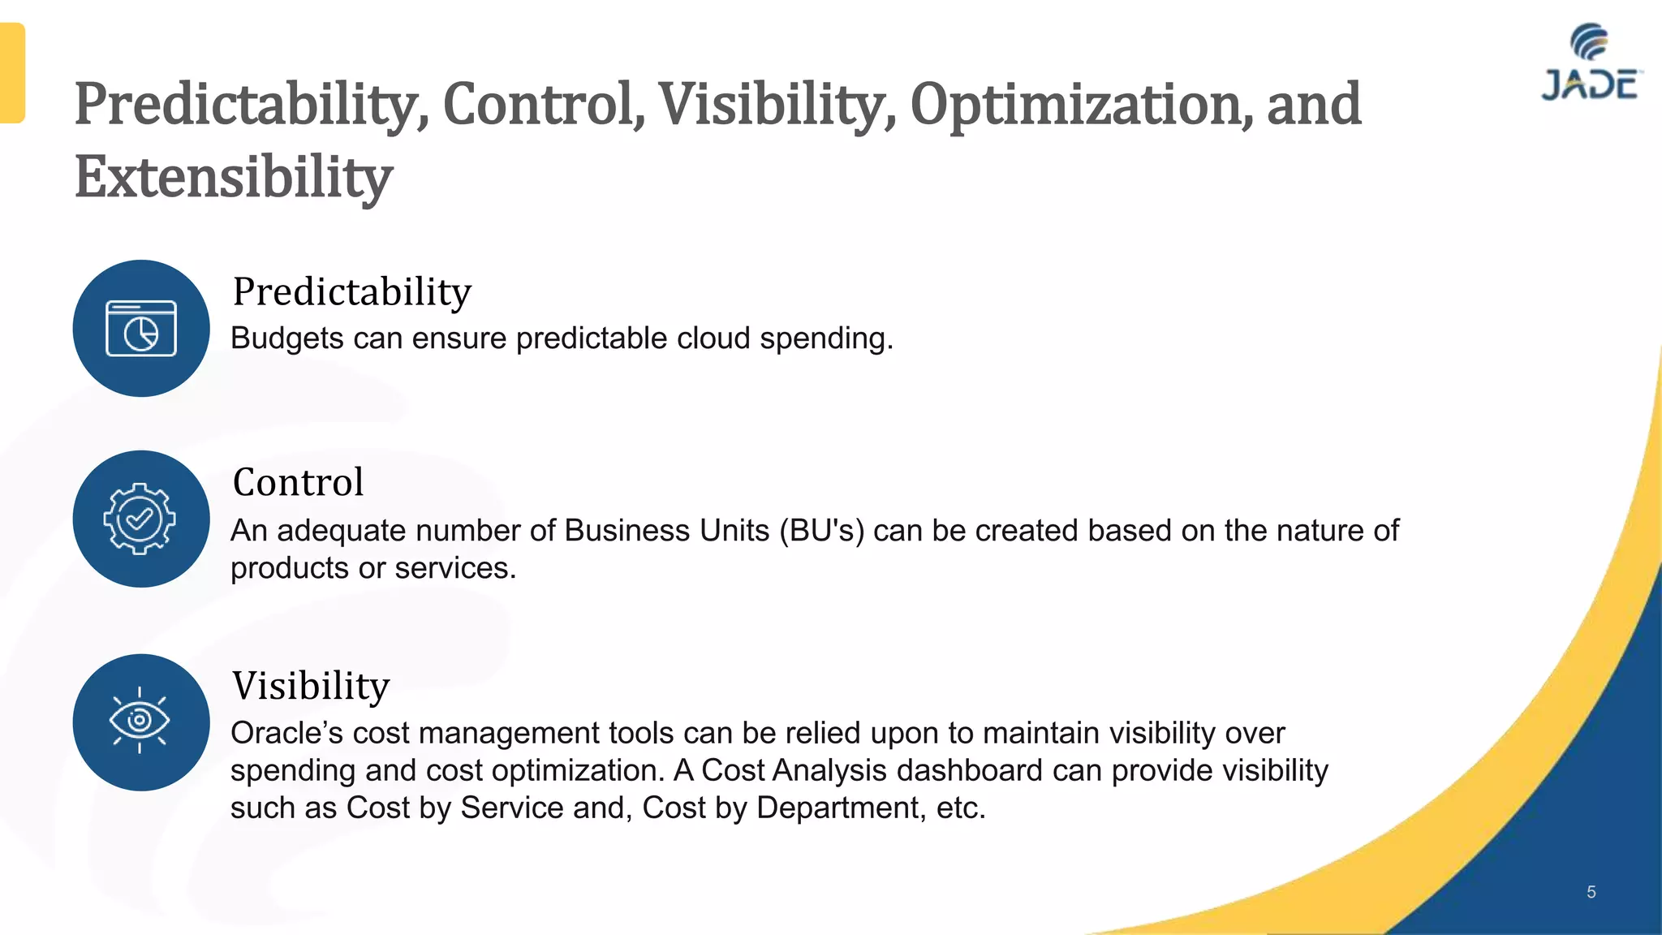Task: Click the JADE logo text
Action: [x=1590, y=85]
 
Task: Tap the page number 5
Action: [x=1591, y=892]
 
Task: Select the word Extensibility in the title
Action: [x=234, y=177]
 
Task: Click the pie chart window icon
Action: [x=141, y=328]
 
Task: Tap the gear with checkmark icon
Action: [x=140, y=519]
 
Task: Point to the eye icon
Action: [x=140, y=721]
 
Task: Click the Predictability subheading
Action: [x=351, y=292]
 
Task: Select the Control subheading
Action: [x=298, y=482]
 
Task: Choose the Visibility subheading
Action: [x=311, y=686]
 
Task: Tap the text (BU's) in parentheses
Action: [x=821, y=531]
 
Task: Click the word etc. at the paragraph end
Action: [x=961, y=808]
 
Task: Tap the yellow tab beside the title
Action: [x=12, y=73]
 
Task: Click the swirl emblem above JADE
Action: [x=1589, y=41]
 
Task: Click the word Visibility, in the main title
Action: [x=777, y=106]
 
